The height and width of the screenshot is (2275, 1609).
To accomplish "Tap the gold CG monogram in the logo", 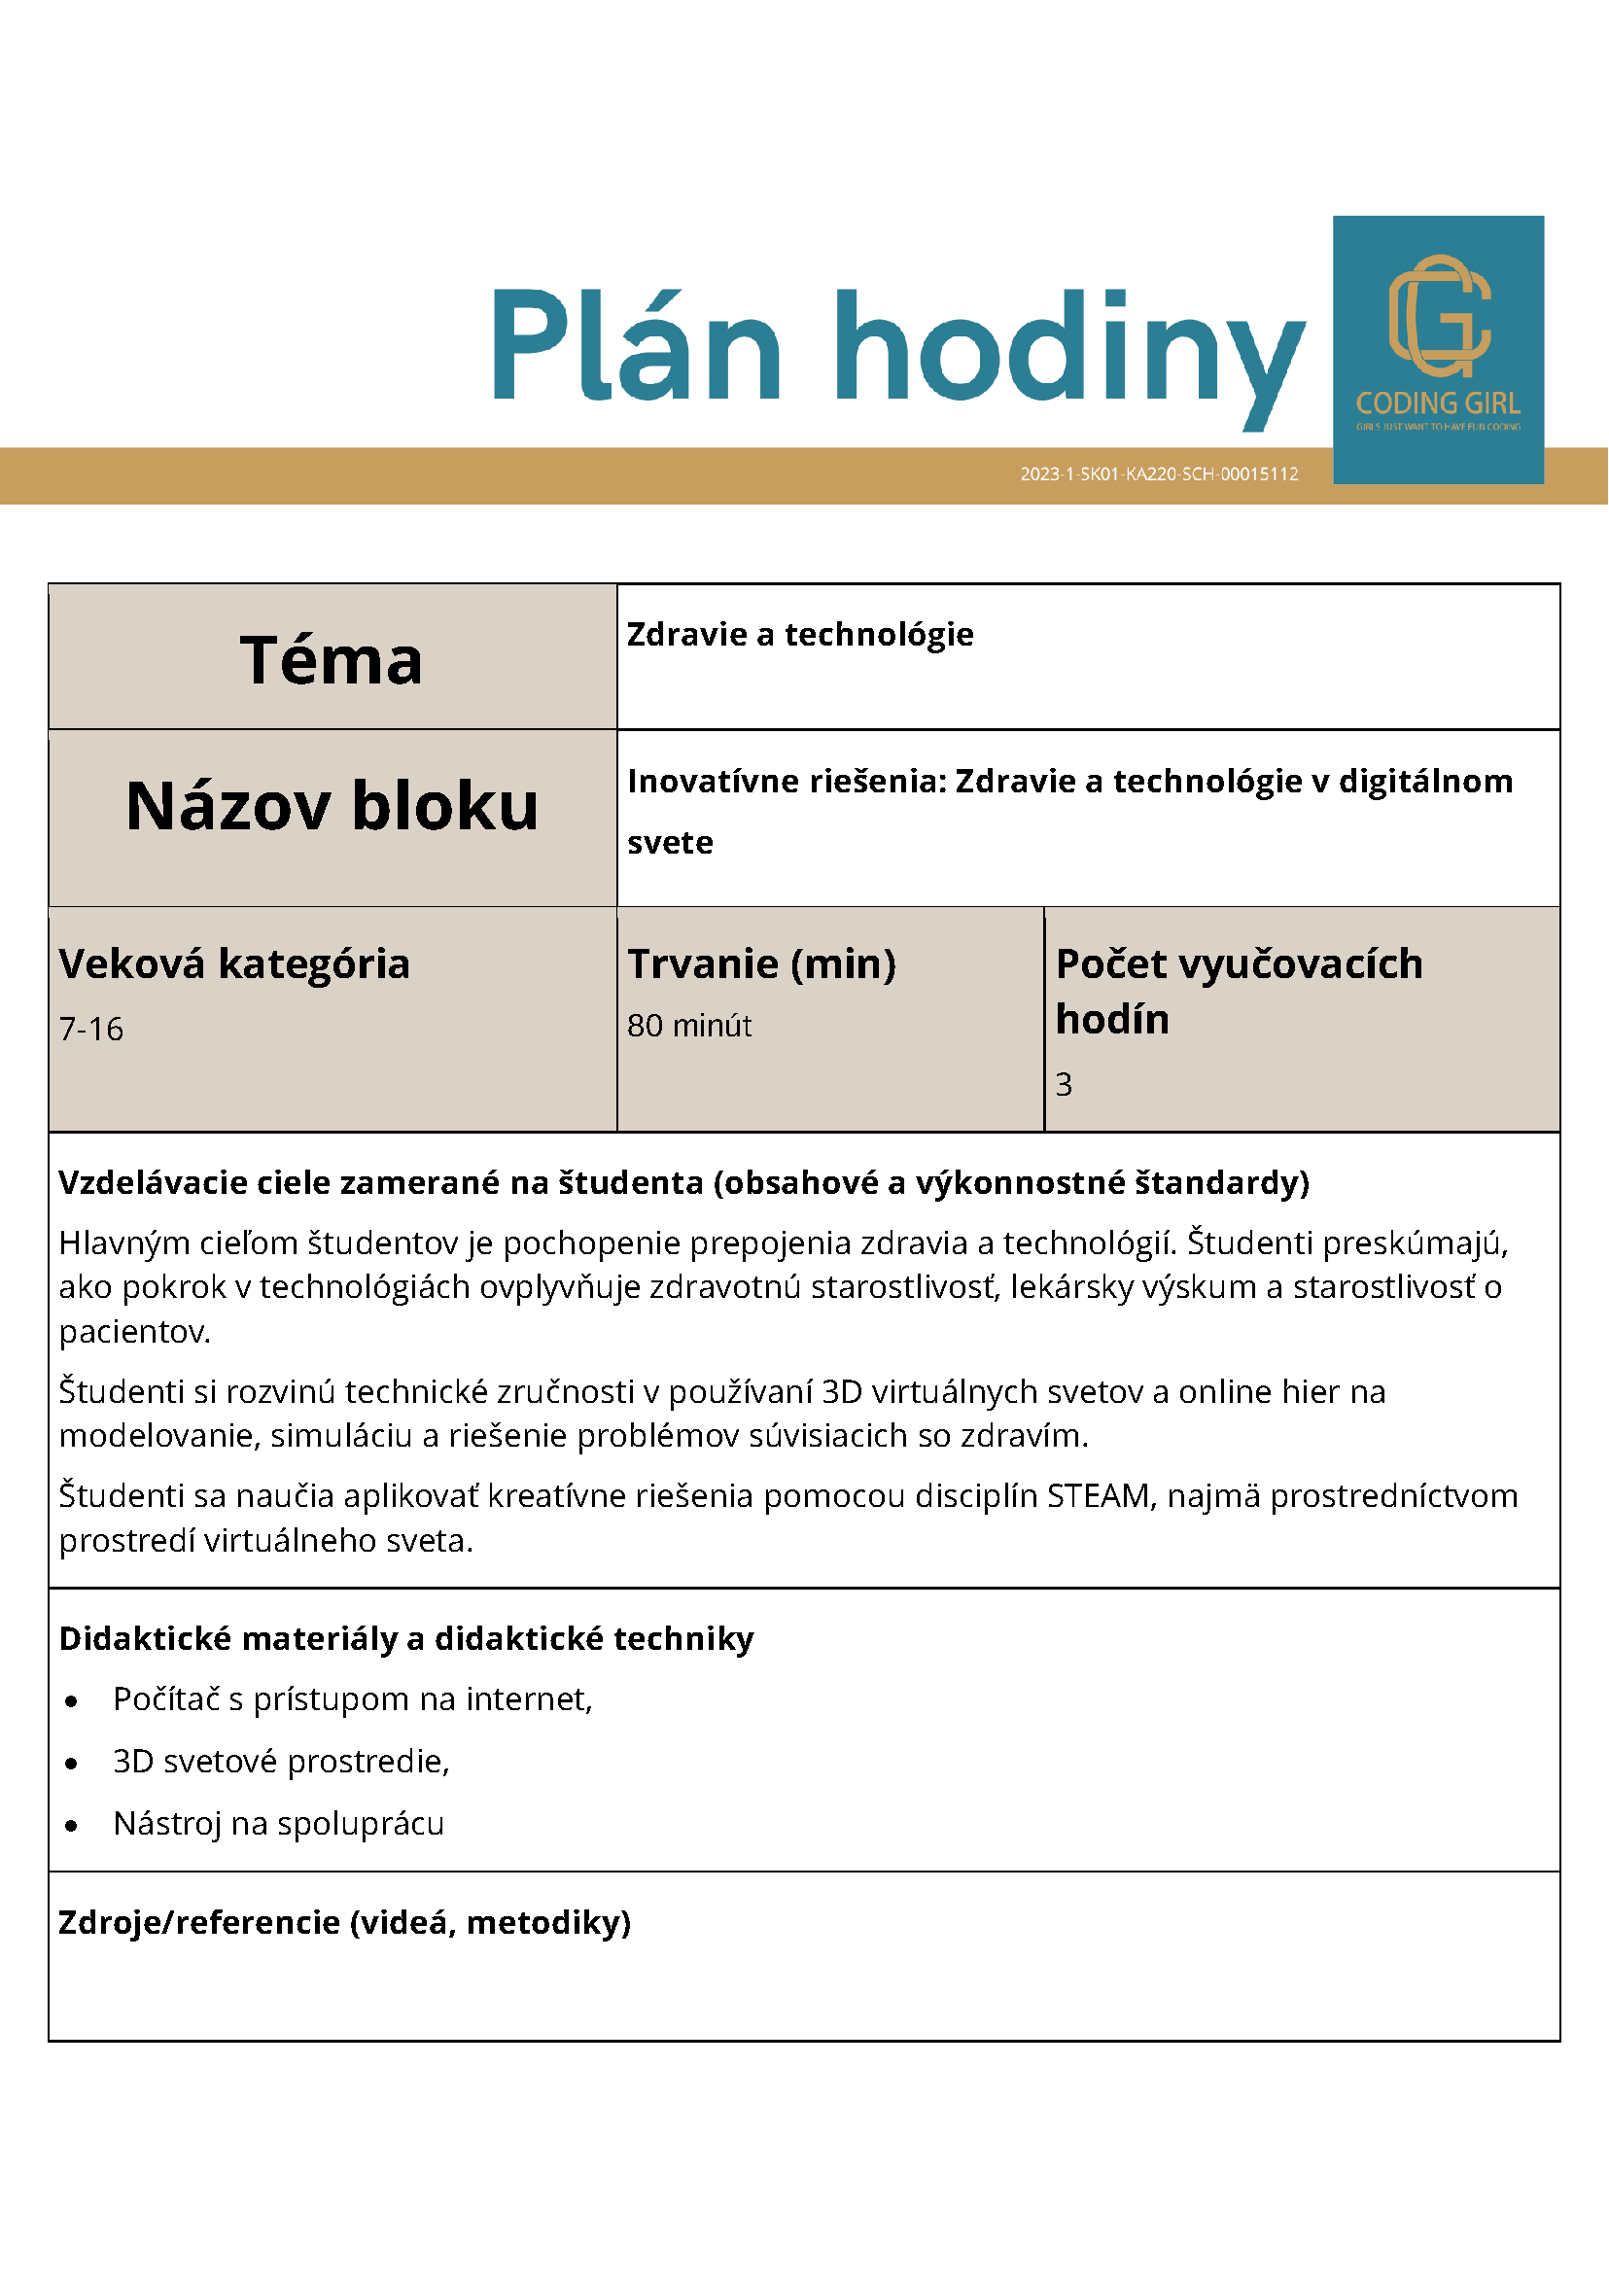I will tap(1439, 316).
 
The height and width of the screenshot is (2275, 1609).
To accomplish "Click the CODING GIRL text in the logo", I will tap(1438, 403).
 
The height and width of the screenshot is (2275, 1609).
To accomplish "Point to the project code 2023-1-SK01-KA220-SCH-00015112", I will tap(1158, 473).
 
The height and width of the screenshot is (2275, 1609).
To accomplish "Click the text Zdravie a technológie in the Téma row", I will tap(799, 634).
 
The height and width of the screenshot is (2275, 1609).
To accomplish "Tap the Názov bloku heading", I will tap(332, 805).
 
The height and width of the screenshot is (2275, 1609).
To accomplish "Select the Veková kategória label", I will tap(234, 963).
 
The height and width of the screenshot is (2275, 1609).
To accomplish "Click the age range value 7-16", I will tap(91, 1029).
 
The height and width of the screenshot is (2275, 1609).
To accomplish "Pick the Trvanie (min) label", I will tap(761, 963).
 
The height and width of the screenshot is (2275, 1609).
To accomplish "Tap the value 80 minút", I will tap(688, 1025).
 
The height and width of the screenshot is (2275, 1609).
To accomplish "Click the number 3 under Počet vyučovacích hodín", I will tap(1063, 1084).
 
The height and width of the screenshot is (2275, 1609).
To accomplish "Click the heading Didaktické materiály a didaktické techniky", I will tap(406, 1638).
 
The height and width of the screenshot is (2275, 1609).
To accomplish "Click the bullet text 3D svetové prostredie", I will tap(281, 1761).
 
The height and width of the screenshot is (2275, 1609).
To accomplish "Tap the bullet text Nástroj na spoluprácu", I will tap(278, 1823).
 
